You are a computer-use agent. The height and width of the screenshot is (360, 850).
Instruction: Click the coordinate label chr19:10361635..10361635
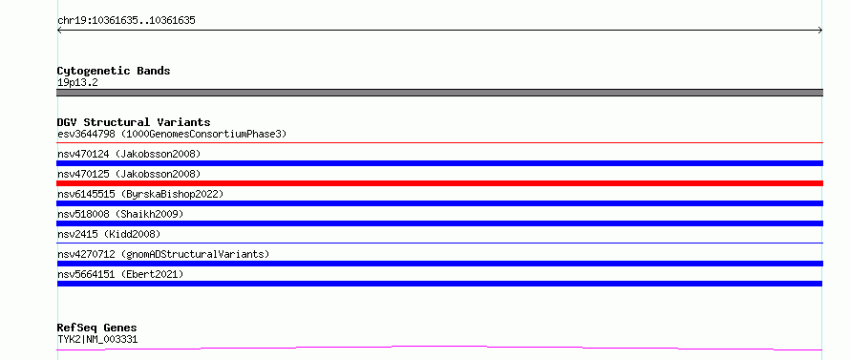pyautogui.click(x=126, y=21)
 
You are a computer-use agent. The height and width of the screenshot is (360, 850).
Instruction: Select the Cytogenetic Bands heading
pyautogui.click(x=114, y=71)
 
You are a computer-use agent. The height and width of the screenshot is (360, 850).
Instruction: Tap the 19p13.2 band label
pyautogui.click(x=77, y=83)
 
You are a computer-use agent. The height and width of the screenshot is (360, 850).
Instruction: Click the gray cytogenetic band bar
pyautogui.click(x=439, y=93)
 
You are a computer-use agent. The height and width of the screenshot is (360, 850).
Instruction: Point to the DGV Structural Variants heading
pyautogui.click(x=134, y=122)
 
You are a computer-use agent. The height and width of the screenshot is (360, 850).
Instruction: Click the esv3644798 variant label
pyautogui.click(x=172, y=134)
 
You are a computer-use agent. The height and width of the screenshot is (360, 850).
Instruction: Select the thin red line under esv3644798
pyautogui.click(x=439, y=143)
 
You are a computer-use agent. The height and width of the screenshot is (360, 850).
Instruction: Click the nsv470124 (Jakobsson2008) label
pyautogui.click(x=129, y=154)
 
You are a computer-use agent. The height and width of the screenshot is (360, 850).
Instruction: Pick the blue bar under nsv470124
pyautogui.click(x=439, y=163)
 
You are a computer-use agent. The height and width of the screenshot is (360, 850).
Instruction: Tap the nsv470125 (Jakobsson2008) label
pyautogui.click(x=129, y=174)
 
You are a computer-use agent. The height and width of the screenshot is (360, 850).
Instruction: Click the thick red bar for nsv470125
pyautogui.click(x=439, y=183)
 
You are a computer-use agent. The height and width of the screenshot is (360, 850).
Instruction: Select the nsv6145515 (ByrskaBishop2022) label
pyautogui.click(x=140, y=194)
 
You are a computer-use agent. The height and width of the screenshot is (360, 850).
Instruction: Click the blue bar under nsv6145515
pyautogui.click(x=439, y=203)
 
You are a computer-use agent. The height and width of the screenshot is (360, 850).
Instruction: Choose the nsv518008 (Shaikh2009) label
pyautogui.click(x=120, y=214)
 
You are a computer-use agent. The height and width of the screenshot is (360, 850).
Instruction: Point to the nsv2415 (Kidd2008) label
pyautogui.click(x=109, y=234)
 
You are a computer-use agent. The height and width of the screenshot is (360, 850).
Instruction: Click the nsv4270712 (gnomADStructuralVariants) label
pyautogui.click(x=163, y=254)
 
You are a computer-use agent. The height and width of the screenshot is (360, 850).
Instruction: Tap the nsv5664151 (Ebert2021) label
pyautogui.click(x=120, y=274)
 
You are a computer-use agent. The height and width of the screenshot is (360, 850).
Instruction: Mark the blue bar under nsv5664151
pyautogui.click(x=439, y=284)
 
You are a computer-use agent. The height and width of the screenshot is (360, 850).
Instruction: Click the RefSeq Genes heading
pyautogui.click(x=96, y=328)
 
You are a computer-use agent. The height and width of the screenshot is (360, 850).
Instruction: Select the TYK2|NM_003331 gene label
pyautogui.click(x=97, y=340)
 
